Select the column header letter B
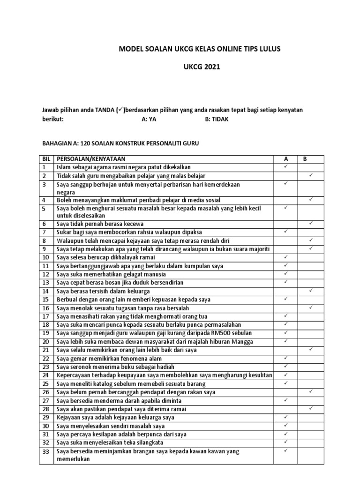[x=305, y=159]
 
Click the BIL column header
[x=45, y=159]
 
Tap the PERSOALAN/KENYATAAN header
[x=91, y=159]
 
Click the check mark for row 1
[x=285, y=166]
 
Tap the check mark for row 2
[x=310, y=175]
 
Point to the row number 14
[x=45, y=291]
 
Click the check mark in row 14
[x=310, y=291]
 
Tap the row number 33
[x=45, y=451]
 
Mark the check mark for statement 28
[x=310, y=409]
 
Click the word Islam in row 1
[x=63, y=167]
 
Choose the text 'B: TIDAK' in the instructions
[x=217, y=119]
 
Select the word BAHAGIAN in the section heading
[x=57, y=143]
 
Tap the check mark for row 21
[x=310, y=349]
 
